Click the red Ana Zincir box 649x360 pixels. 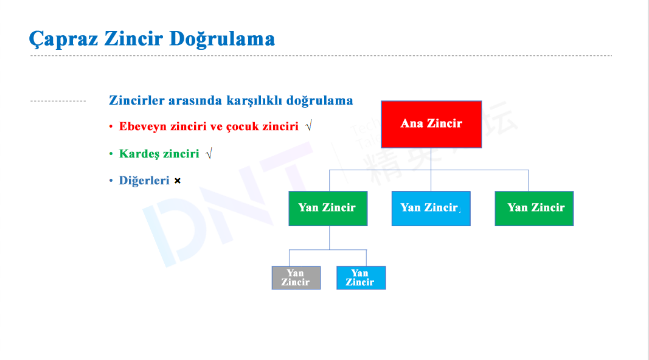point(431,124)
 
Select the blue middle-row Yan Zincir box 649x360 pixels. point(431,209)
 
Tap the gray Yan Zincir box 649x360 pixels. point(296,278)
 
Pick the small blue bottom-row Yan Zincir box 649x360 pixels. point(361,278)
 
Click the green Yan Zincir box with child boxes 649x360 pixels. point(328,209)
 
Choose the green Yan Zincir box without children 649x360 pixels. point(534,209)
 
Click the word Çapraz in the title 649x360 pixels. point(63,40)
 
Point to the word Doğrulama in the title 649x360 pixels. point(222,40)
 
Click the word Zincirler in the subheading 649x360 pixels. point(137,100)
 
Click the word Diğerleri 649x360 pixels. point(144,181)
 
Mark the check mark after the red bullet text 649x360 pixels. point(309,125)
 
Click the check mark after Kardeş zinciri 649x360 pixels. point(209,153)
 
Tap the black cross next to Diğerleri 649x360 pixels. point(178,181)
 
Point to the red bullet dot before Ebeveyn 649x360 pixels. point(111,126)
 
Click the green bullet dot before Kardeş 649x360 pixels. point(111,153)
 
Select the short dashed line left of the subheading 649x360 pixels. point(58,101)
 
